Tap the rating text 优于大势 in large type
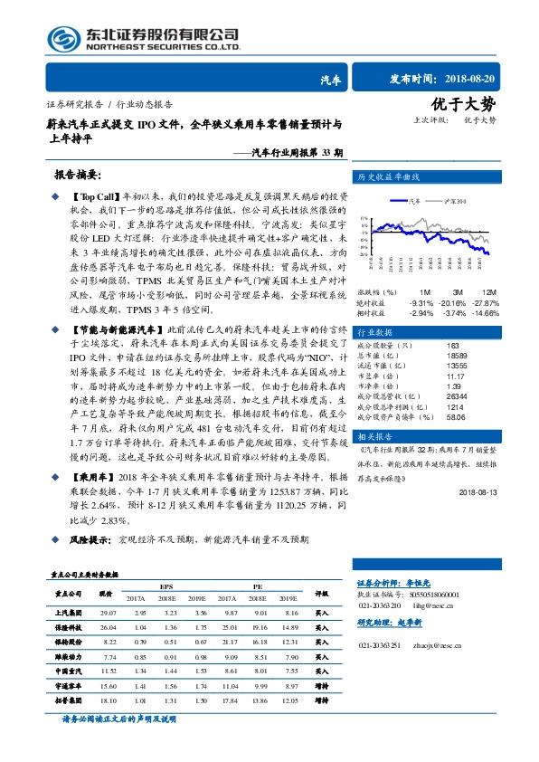tap(477, 104)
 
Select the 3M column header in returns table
tap(458, 292)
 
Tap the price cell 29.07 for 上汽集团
tap(109, 614)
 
